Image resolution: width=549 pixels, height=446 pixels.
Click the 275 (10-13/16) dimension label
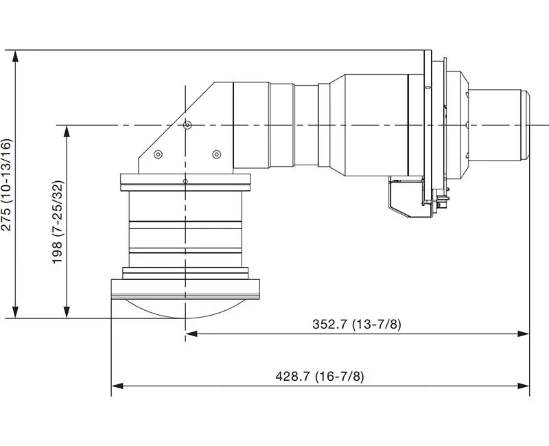click(x=7, y=185)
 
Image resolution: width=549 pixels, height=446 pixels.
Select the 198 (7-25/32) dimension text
click(x=58, y=222)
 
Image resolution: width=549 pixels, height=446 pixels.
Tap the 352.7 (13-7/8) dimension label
click(x=356, y=324)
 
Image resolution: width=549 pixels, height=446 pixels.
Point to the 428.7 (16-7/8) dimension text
click(x=320, y=376)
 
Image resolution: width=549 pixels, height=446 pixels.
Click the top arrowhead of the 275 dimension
click(x=15, y=56)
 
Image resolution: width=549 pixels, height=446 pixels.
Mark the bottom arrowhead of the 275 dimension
click(x=15, y=312)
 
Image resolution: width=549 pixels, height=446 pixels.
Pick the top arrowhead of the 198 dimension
click(x=67, y=131)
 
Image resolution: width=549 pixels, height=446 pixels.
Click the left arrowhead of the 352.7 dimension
click(x=191, y=334)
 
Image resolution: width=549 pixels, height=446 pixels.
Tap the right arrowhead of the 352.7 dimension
click(x=524, y=334)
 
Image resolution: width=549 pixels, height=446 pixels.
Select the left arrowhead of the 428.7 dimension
click(x=117, y=386)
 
